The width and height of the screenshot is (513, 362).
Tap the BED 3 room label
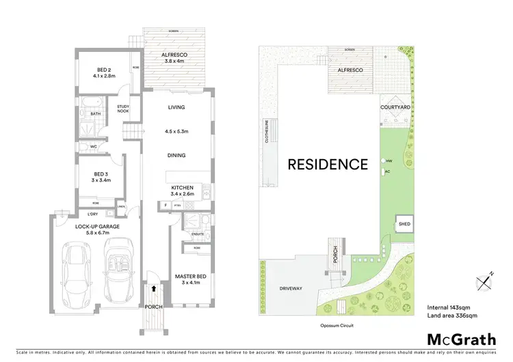click(101, 173)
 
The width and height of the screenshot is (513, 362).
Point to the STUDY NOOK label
click(123, 107)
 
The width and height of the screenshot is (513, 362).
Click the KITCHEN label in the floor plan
click(183, 187)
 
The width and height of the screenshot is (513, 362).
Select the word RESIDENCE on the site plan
click(327, 164)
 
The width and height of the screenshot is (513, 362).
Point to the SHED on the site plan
click(404, 223)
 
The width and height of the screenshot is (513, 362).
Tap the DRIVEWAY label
click(291, 288)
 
